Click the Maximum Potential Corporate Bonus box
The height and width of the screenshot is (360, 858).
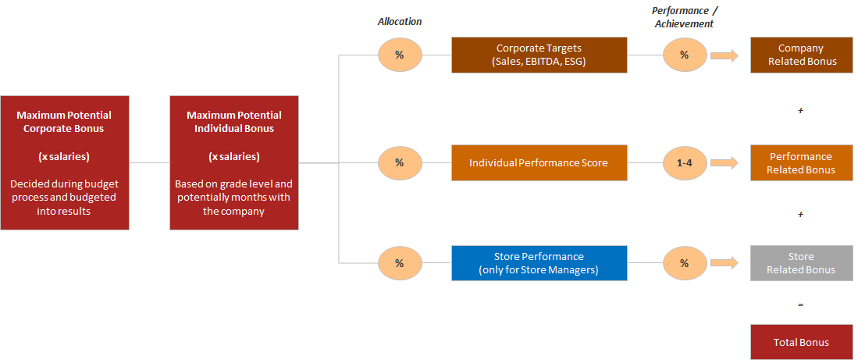click(65, 162)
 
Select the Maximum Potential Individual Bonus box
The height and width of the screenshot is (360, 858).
click(234, 162)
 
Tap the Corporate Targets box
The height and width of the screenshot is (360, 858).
click(539, 55)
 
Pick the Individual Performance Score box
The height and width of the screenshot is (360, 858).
click(539, 162)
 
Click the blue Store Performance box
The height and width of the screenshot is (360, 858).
click(539, 263)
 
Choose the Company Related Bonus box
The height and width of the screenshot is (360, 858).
click(801, 55)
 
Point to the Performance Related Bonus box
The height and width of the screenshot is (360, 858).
click(801, 162)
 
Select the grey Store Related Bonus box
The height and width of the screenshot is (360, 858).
click(801, 263)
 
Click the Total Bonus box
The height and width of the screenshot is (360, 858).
click(801, 343)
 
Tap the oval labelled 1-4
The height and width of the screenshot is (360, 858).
click(685, 162)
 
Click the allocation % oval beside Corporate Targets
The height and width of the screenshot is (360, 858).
click(400, 55)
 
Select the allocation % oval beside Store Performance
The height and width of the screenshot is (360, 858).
click(400, 263)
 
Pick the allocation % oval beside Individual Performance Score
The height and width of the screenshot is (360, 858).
click(400, 162)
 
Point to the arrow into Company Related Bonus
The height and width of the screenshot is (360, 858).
click(724, 55)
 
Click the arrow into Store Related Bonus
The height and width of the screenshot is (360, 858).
click(724, 263)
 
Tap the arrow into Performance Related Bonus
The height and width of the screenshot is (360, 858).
click(724, 162)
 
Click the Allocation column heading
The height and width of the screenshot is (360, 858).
click(400, 21)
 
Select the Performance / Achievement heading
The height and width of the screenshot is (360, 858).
click(683, 17)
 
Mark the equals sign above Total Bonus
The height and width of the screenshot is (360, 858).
click(800, 305)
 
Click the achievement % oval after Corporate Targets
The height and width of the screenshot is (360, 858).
click(685, 55)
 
